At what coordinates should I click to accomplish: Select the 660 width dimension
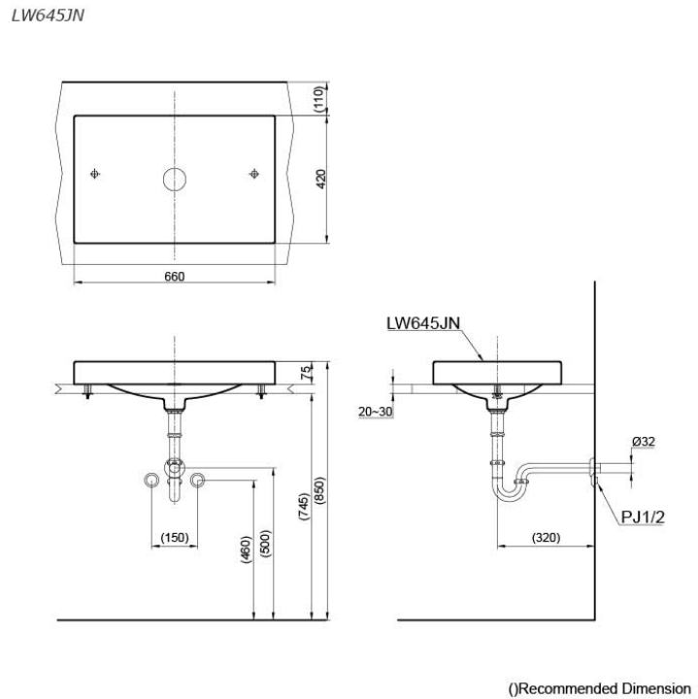click(x=174, y=277)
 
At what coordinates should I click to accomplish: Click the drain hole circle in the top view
click(x=174, y=179)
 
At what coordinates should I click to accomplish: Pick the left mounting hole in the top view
click(x=93, y=175)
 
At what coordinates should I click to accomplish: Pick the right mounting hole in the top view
click(x=254, y=175)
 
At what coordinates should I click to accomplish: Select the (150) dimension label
click(x=175, y=537)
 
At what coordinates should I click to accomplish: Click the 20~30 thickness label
click(x=375, y=412)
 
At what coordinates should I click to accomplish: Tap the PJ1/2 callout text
click(x=643, y=516)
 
